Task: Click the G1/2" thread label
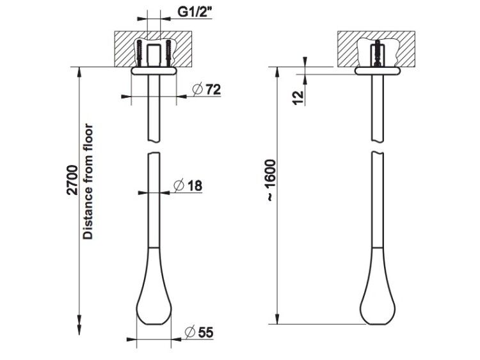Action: click(x=195, y=12)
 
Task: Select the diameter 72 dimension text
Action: click(x=207, y=90)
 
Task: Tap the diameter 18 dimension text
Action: click(x=188, y=185)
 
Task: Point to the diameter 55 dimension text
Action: click(x=199, y=333)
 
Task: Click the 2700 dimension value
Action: click(x=72, y=180)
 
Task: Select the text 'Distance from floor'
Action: click(x=88, y=182)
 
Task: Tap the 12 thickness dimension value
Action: click(x=298, y=98)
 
